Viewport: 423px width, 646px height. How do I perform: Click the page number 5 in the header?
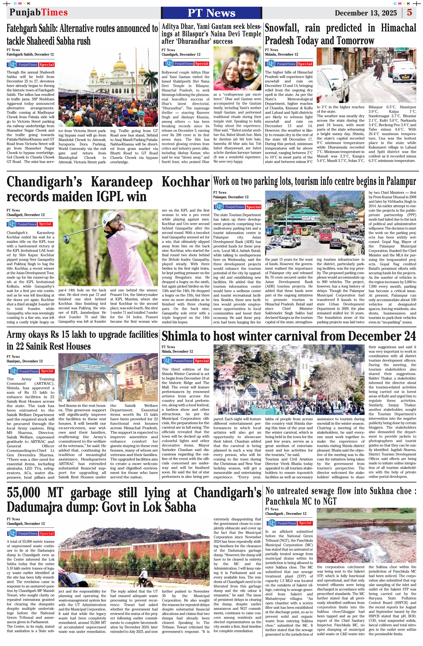pos(409,12)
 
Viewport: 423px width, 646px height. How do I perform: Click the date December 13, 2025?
pos(366,13)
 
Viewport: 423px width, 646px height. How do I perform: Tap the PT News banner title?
pos(211,13)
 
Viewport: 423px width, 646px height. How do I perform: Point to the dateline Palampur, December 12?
pos(231,197)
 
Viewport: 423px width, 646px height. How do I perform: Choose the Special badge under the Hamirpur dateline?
pos(47,371)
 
